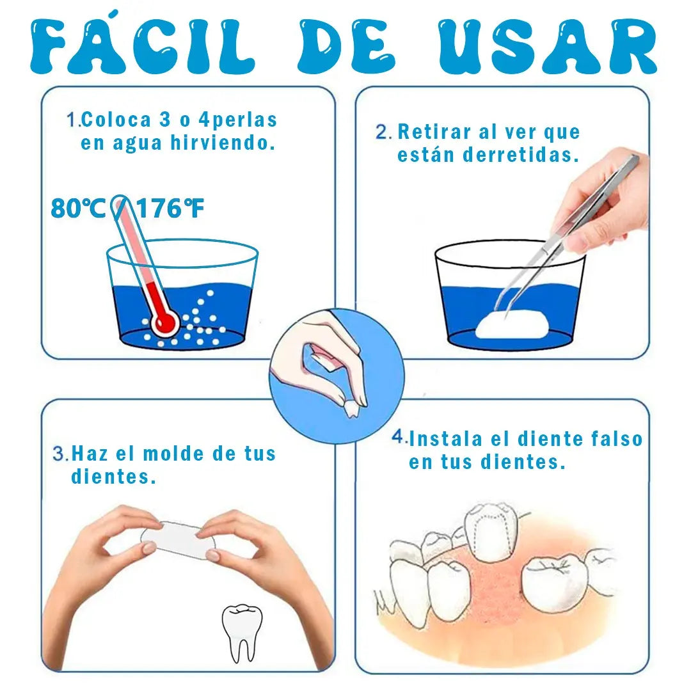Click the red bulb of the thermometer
(x=165, y=322)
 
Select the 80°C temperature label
(x=78, y=209)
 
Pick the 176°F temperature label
(x=170, y=209)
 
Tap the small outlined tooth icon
(x=241, y=630)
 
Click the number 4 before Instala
(x=399, y=438)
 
